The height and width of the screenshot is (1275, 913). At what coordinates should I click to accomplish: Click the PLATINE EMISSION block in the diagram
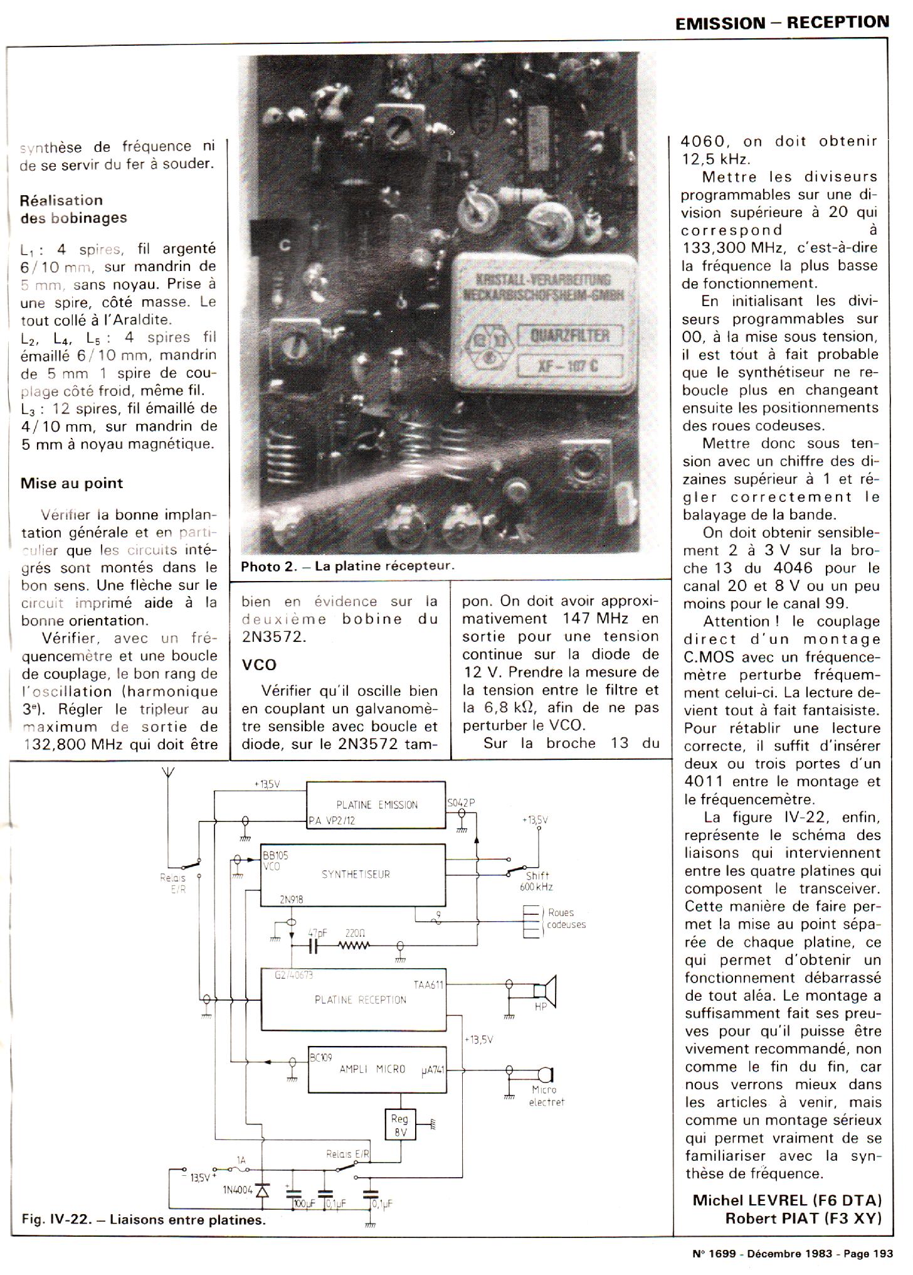[x=376, y=804]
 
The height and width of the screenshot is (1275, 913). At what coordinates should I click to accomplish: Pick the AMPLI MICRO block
[x=377, y=1069]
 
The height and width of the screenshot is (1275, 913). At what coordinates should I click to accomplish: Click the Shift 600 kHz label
[x=536, y=882]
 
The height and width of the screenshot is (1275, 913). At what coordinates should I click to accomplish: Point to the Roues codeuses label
[x=564, y=919]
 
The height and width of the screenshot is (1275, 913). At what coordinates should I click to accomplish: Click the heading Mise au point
[x=71, y=483]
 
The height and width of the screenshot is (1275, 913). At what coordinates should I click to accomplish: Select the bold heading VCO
[x=259, y=664]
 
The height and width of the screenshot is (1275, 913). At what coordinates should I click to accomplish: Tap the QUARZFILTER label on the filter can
[x=569, y=336]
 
